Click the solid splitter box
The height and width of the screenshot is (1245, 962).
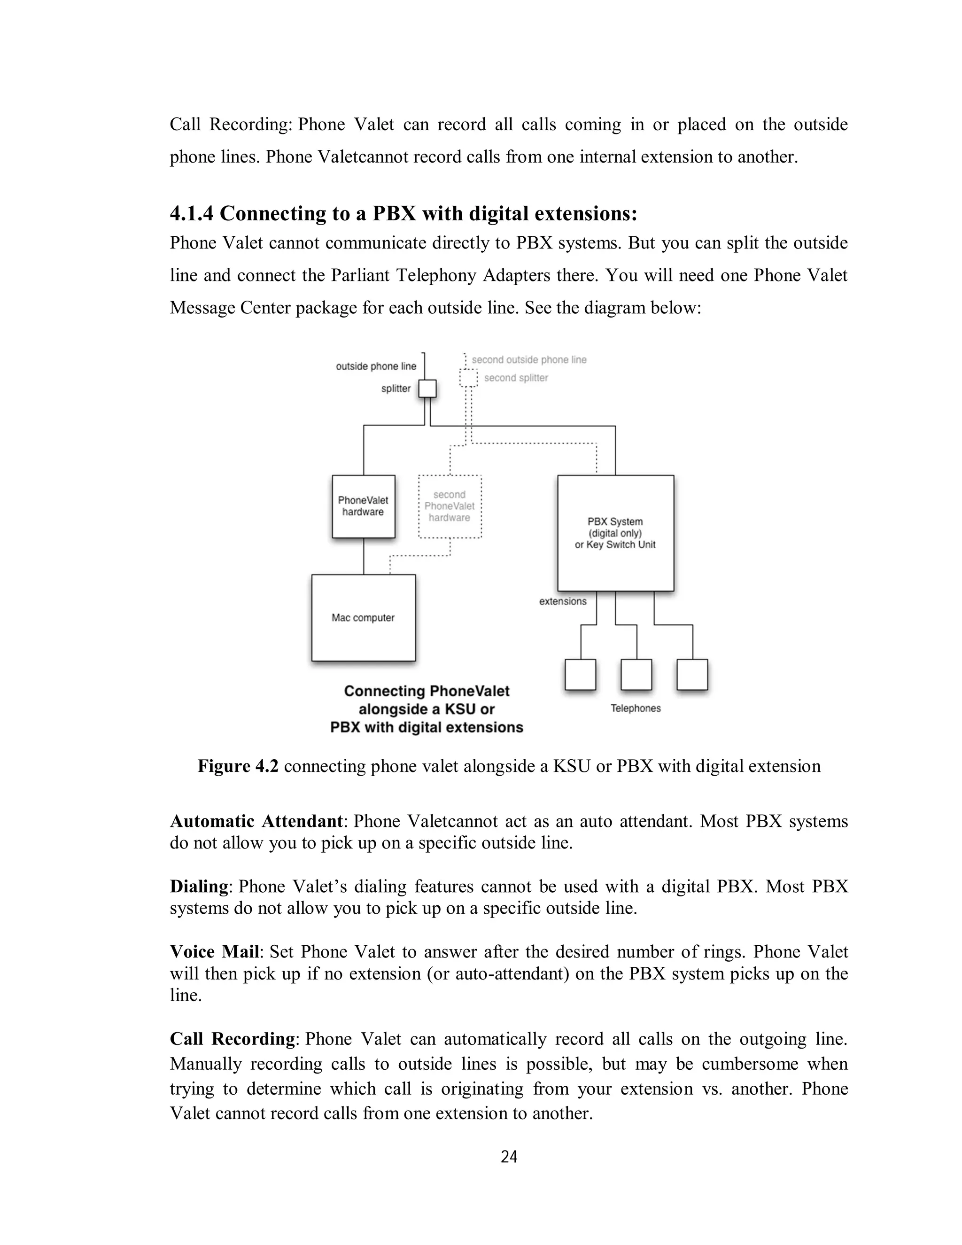(427, 389)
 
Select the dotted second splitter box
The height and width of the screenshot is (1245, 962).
(468, 377)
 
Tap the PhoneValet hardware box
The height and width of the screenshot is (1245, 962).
(364, 506)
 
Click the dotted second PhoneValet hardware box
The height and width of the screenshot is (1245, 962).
(450, 506)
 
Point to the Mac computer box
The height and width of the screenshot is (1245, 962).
(364, 618)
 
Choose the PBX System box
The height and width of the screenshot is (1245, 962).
(615, 533)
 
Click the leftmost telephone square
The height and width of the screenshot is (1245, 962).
(580, 675)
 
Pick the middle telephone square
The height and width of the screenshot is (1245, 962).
(636, 675)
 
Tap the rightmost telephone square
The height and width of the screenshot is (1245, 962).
(692, 675)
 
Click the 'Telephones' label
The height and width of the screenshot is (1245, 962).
(636, 708)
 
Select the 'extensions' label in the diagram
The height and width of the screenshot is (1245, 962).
(562, 601)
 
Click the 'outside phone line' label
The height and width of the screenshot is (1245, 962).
(376, 366)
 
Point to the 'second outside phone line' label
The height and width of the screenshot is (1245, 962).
(529, 360)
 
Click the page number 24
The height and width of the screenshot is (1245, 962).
(509, 1157)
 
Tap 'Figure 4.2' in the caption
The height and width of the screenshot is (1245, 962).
(238, 767)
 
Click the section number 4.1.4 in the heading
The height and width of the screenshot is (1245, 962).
(192, 214)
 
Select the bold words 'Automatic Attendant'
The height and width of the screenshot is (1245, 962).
(256, 821)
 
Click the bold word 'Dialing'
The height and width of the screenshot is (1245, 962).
(199, 887)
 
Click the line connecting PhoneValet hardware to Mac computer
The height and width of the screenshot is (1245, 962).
(364, 556)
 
